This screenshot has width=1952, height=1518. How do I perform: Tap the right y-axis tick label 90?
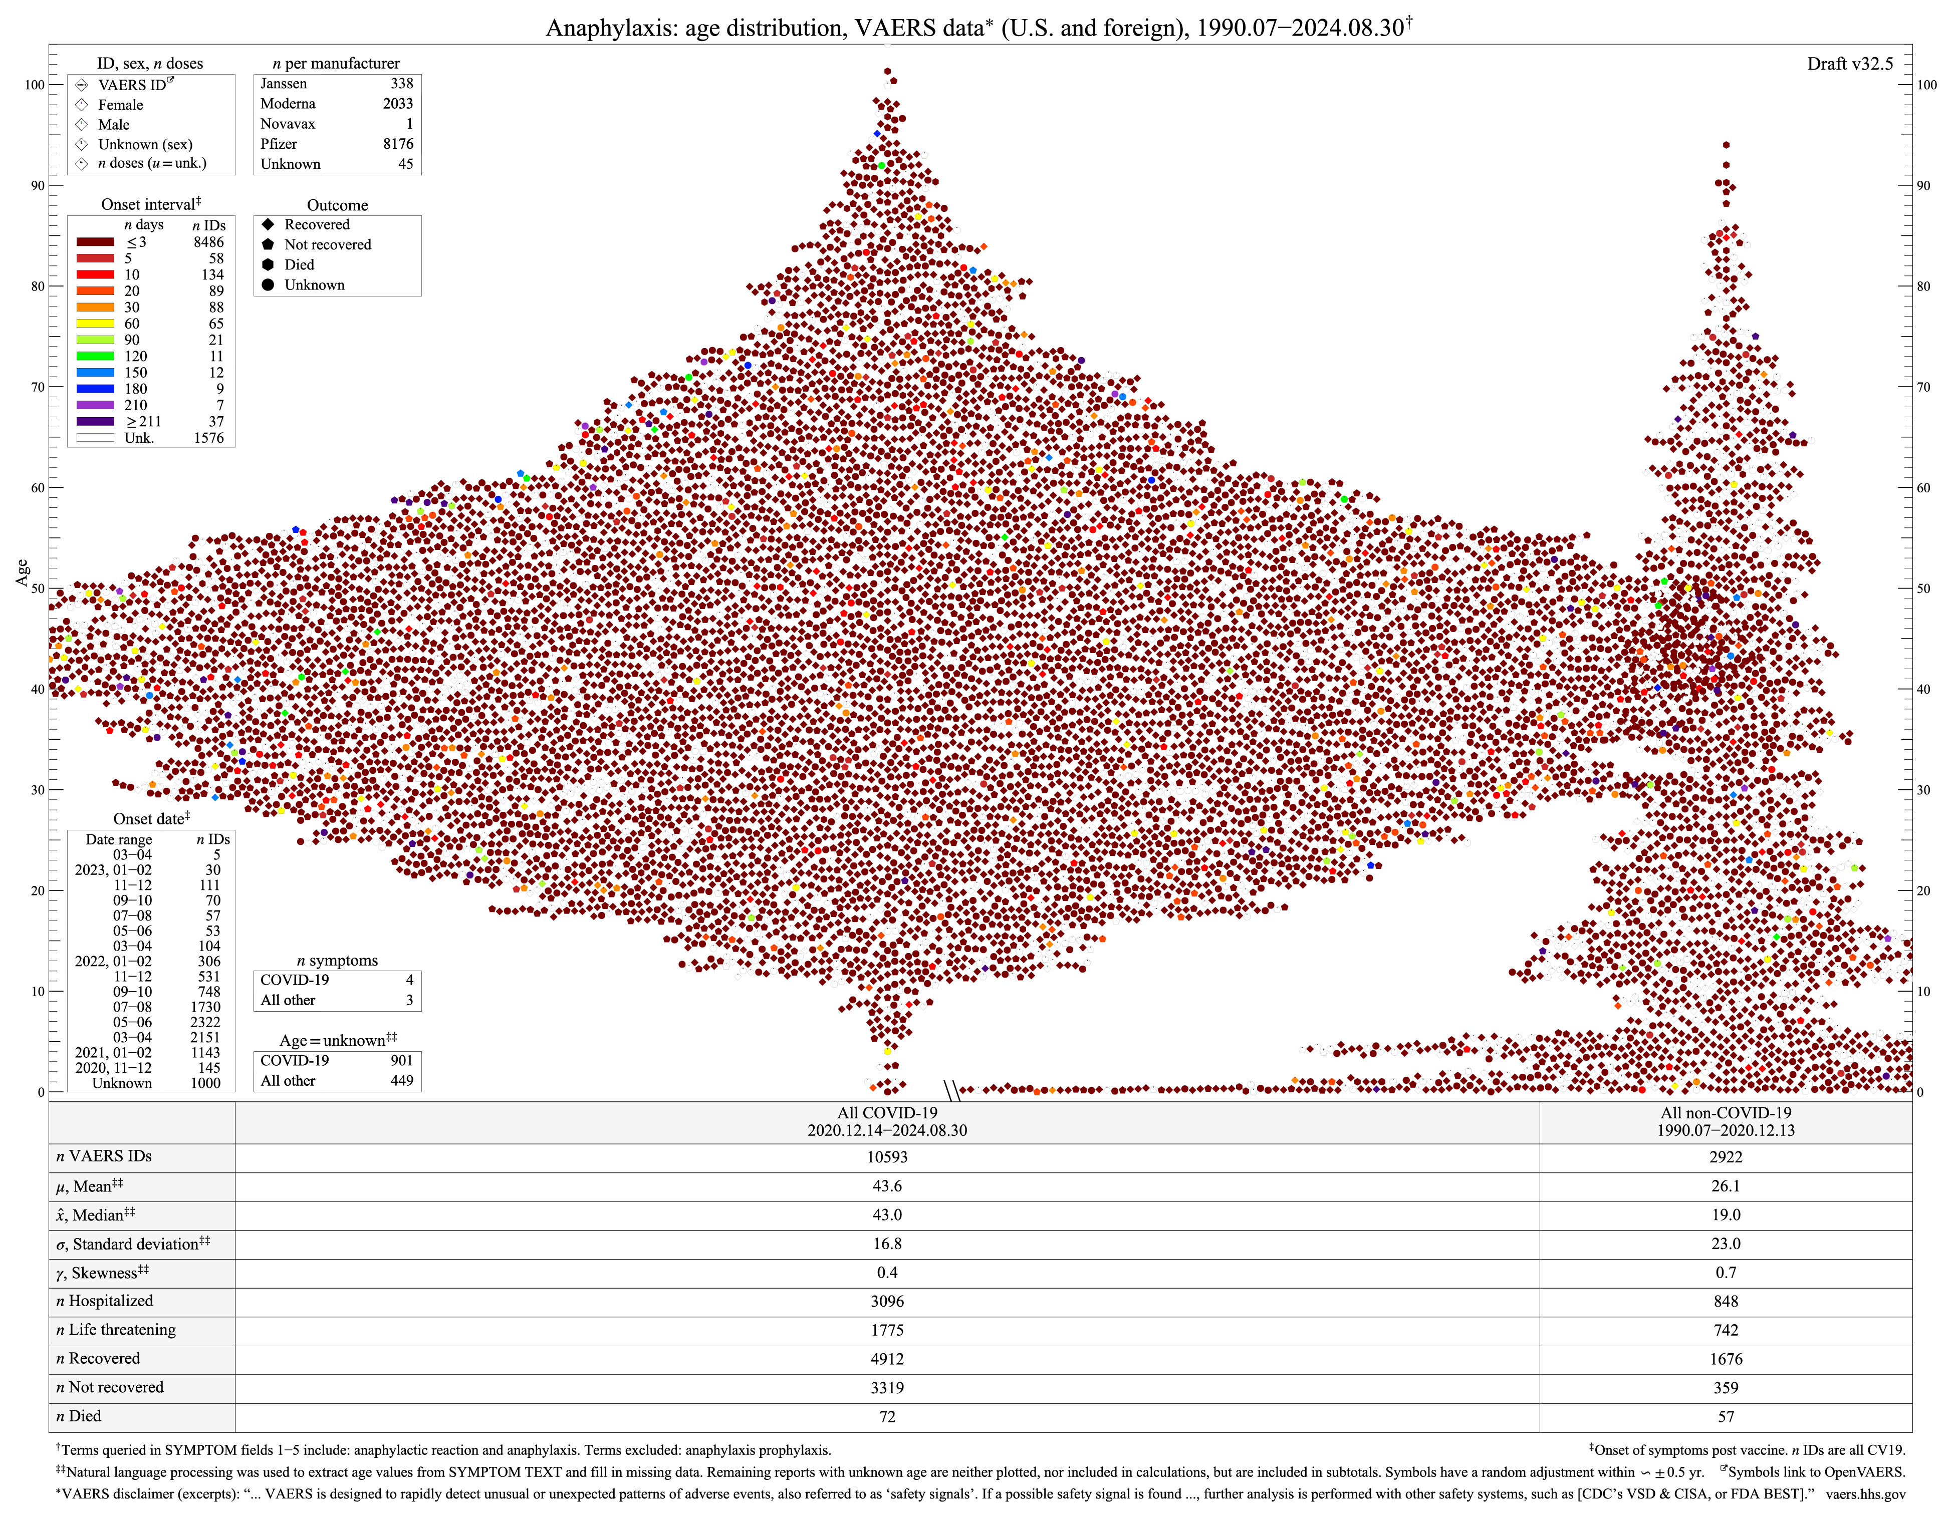1927,186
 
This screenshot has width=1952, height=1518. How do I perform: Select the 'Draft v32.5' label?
1849,64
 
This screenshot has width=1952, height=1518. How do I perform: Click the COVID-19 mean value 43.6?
887,1185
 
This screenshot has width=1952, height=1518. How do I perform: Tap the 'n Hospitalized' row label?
105,1301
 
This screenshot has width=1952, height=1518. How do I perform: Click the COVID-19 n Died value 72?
887,1416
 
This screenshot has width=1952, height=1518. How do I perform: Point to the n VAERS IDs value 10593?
887,1157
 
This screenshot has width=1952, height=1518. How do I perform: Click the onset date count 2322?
205,1022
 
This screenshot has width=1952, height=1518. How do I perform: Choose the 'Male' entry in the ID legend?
114,124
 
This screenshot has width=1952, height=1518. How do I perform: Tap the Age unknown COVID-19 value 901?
401,1061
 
